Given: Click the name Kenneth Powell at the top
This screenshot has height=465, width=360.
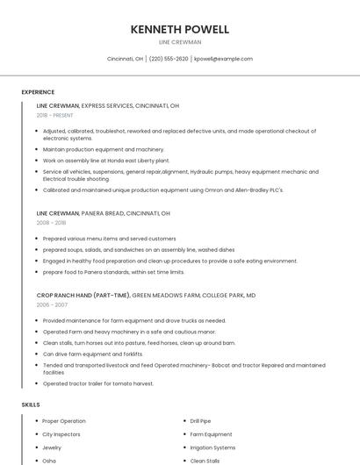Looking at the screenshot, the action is click(179, 29).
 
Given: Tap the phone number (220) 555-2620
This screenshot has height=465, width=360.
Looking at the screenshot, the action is click(169, 59).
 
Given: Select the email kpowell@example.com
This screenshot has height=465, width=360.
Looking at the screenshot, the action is click(223, 59).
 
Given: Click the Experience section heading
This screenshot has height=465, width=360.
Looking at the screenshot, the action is click(38, 92).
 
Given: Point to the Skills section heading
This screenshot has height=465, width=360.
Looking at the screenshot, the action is click(31, 404).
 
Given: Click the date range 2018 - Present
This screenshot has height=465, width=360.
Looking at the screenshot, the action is click(56, 115).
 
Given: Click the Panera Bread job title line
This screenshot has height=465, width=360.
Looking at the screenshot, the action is click(103, 213).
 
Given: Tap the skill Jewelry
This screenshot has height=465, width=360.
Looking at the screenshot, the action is click(53, 447).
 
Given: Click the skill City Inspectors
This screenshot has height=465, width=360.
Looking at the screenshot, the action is click(61, 434).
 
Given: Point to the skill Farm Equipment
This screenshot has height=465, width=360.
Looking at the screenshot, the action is click(211, 434).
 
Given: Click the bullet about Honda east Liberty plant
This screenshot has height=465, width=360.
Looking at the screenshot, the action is click(105, 161).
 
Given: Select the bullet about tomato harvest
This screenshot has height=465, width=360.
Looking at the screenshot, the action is click(98, 383).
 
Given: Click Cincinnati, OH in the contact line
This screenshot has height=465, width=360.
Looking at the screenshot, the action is click(125, 59).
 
